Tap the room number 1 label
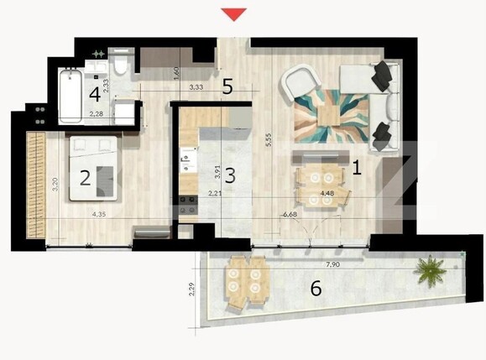pyautogui.click(x=356, y=168)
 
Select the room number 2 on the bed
pyautogui.click(x=85, y=177)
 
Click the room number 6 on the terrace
pyautogui.click(x=316, y=289)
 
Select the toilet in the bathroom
pyautogui.click(x=123, y=65)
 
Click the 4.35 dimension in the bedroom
pyautogui.click(x=98, y=215)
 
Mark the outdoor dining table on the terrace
pyautogui.click(x=245, y=279)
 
